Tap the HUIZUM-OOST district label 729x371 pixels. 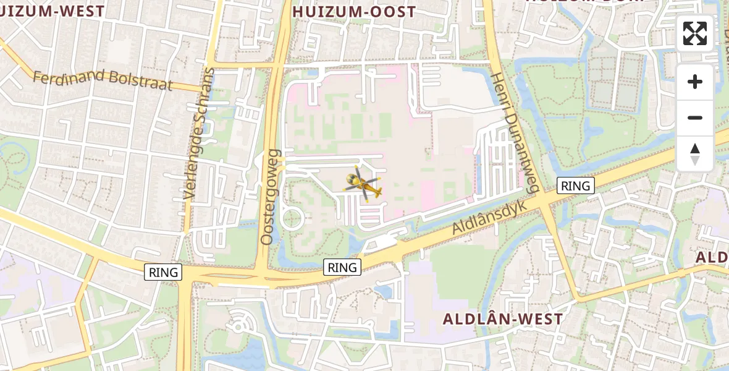(354, 11)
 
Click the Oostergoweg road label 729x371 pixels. (271, 196)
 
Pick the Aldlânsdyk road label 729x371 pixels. (489, 216)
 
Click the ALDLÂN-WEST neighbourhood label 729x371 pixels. (503, 319)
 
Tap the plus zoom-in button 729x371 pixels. (695, 82)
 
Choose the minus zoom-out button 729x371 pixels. (695, 117)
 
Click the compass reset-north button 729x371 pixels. (695, 153)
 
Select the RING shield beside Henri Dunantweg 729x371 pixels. (575, 185)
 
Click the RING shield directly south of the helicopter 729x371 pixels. (342, 267)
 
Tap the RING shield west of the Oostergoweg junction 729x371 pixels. (163, 271)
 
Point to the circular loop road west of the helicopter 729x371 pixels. (291, 220)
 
